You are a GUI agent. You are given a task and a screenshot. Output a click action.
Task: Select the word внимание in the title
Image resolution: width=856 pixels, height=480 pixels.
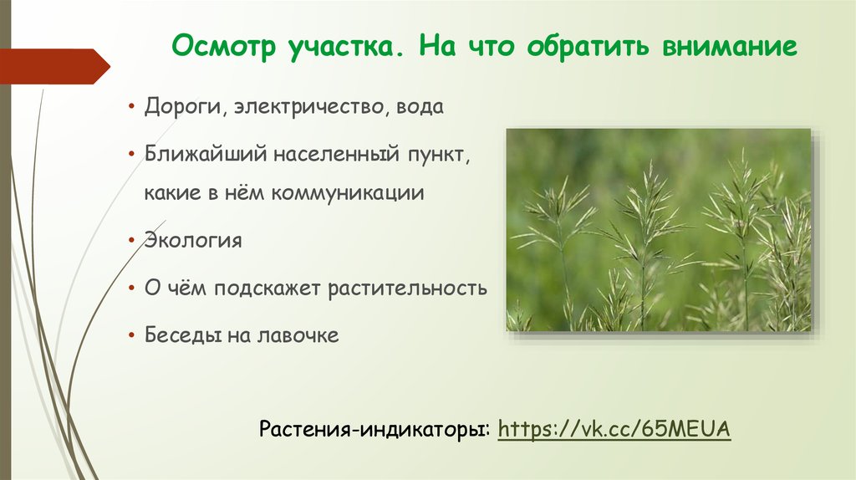coord(731,47)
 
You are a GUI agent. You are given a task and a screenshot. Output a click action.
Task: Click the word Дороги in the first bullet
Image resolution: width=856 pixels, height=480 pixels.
coord(186,108)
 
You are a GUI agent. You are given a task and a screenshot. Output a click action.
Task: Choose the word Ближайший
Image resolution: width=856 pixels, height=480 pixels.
coord(193,156)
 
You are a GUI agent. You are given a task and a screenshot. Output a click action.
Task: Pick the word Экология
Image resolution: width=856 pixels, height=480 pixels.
coord(193,241)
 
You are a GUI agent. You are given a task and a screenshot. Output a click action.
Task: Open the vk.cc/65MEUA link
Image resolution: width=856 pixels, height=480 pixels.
coord(614,429)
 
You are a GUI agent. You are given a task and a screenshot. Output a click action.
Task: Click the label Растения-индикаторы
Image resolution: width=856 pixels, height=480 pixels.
coord(374,430)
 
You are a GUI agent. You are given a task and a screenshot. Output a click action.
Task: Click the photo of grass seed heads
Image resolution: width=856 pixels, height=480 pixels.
coord(659,229)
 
